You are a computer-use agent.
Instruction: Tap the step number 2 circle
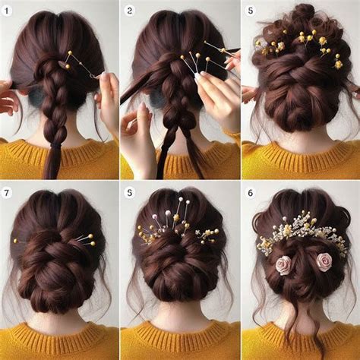(x=129, y=11)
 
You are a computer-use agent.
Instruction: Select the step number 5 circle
(x=251, y=11)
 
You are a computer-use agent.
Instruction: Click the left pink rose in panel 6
(x=284, y=264)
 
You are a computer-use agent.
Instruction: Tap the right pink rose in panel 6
(x=325, y=262)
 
